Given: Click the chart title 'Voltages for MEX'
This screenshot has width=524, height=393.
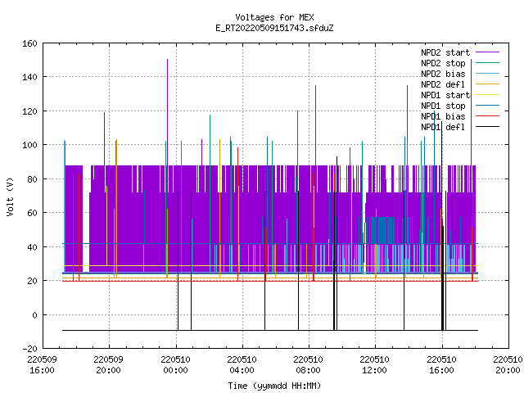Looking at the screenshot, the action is click(274, 17).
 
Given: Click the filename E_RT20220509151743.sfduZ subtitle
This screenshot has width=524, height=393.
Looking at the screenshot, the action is click(274, 28).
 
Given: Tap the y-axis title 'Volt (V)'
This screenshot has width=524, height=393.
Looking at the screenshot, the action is click(11, 196).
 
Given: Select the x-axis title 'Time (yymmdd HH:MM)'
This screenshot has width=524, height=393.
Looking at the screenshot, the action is click(274, 386).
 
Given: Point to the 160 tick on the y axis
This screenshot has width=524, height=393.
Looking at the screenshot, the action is click(29, 43).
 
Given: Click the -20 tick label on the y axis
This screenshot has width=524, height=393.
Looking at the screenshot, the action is click(29, 349).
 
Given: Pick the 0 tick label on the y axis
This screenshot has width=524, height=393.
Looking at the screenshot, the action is click(34, 314).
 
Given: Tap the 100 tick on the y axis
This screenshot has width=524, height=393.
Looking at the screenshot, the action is click(29, 145).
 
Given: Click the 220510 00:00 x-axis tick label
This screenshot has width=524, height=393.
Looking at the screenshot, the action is click(175, 364).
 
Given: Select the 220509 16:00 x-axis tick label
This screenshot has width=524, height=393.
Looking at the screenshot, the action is click(42, 364).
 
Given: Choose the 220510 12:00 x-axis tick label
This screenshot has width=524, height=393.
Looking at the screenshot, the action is click(375, 364).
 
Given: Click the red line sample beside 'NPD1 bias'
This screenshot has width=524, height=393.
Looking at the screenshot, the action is click(488, 116).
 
